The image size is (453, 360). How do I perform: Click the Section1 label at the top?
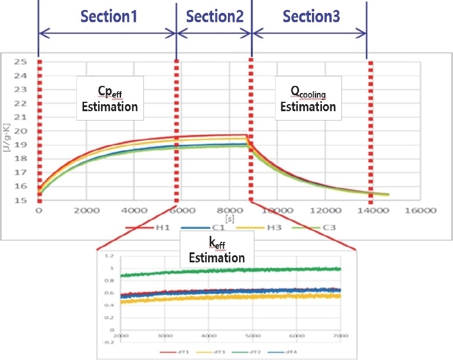(x=109, y=16)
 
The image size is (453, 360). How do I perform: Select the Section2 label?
(x=214, y=16)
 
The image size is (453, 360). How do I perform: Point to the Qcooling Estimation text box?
(x=308, y=98)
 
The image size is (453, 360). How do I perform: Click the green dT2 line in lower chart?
(x=235, y=271)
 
